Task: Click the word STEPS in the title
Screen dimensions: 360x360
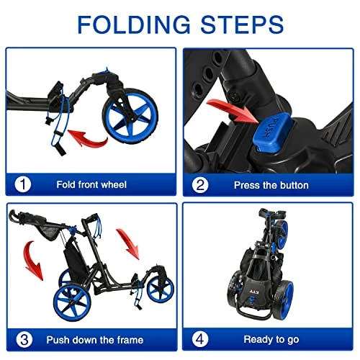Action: (x=242, y=24)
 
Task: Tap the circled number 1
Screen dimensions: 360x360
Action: (x=23, y=184)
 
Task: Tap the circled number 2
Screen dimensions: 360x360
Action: (x=200, y=185)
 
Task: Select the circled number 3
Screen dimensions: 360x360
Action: (x=24, y=340)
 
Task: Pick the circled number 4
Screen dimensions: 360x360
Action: (x=200, y=339)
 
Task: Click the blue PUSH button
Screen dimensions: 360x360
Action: (x=272, y=132)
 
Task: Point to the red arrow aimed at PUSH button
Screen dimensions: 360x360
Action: (x=233, y=111)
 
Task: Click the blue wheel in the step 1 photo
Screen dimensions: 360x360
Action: (x=130, y=116)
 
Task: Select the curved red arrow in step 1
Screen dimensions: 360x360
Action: (x=88, y=139)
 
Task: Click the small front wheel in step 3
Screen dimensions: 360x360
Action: (x=161, y=289)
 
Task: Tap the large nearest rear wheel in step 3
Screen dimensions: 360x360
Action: (x=72, y=302)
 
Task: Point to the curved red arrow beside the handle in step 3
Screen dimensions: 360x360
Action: (x=32, y=261)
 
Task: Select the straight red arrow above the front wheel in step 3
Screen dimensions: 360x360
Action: (x=128, y=244)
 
